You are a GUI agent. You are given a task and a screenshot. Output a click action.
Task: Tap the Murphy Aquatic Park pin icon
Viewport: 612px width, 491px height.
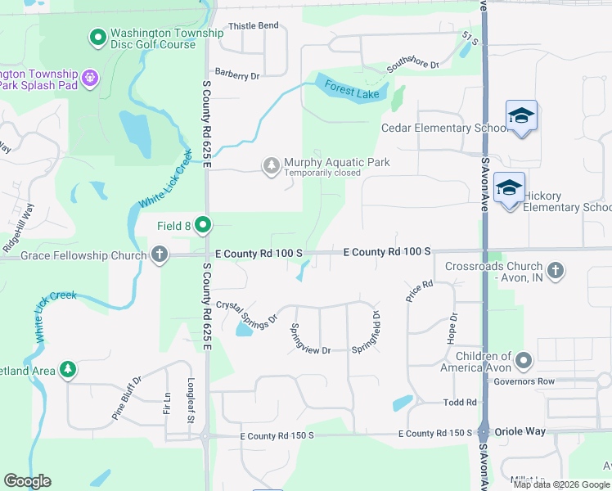click(271, 166)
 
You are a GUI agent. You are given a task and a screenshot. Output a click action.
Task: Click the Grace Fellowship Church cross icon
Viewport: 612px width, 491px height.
click(160, 255)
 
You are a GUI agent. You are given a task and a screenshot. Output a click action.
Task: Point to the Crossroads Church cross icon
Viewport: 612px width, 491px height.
click(556, 270)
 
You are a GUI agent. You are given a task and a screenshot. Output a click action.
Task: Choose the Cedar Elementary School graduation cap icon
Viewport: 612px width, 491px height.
click(521, 116)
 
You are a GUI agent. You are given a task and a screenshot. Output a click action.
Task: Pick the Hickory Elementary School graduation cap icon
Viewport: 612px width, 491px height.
click(509, 189)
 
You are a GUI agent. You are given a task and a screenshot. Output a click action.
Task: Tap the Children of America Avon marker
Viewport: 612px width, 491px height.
click(524, 360)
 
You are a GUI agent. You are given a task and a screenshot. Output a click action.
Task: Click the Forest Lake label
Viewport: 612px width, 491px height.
click(352, 88)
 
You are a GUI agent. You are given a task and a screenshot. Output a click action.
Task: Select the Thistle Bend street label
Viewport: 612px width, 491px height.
click(254, 25)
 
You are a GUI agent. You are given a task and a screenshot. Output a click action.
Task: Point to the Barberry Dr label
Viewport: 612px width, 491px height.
click(237, 75)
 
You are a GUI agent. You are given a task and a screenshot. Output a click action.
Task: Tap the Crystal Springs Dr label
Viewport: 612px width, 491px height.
click(247, 311)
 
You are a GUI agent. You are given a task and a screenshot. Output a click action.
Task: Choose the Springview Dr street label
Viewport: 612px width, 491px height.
click(310, 338)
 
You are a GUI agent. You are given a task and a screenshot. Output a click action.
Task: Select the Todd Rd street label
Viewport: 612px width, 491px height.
click(460, 402)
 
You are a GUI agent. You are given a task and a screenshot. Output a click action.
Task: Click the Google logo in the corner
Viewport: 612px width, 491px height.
click(27, 481)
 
